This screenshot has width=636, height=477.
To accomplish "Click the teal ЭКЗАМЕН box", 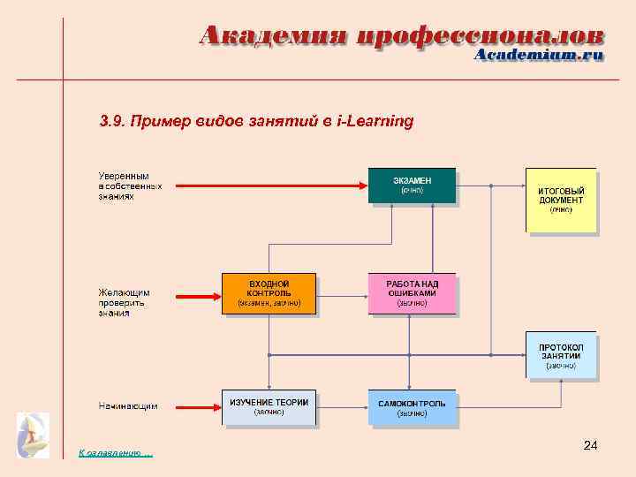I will [412, 185].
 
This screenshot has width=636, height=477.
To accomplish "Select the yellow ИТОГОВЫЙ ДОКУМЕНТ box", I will [561, 200].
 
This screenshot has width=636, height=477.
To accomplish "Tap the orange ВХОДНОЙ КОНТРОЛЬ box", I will [269, 292].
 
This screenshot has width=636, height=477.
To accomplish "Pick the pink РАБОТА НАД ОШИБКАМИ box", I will [412, 292].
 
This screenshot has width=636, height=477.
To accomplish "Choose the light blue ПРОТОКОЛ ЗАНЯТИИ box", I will [561, 355].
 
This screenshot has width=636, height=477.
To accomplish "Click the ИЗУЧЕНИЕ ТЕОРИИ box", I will [269, 406].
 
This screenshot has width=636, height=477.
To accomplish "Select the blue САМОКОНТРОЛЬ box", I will [412, 407].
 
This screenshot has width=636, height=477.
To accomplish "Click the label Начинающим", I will [127, 407].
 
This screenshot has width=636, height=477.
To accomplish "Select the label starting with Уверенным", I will [124, 185].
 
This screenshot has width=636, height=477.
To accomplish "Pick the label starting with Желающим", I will [124, 301].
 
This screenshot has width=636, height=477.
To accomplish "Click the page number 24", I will [590, 447].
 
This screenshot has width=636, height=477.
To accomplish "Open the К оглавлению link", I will [115, 453].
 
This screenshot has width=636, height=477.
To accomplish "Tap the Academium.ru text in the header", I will [539, 55].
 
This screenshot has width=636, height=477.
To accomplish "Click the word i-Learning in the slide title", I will [375, 120].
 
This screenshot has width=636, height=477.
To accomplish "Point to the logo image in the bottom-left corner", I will [34, 435].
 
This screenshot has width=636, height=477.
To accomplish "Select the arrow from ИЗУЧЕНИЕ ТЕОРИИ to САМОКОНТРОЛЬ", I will [342, 407].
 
